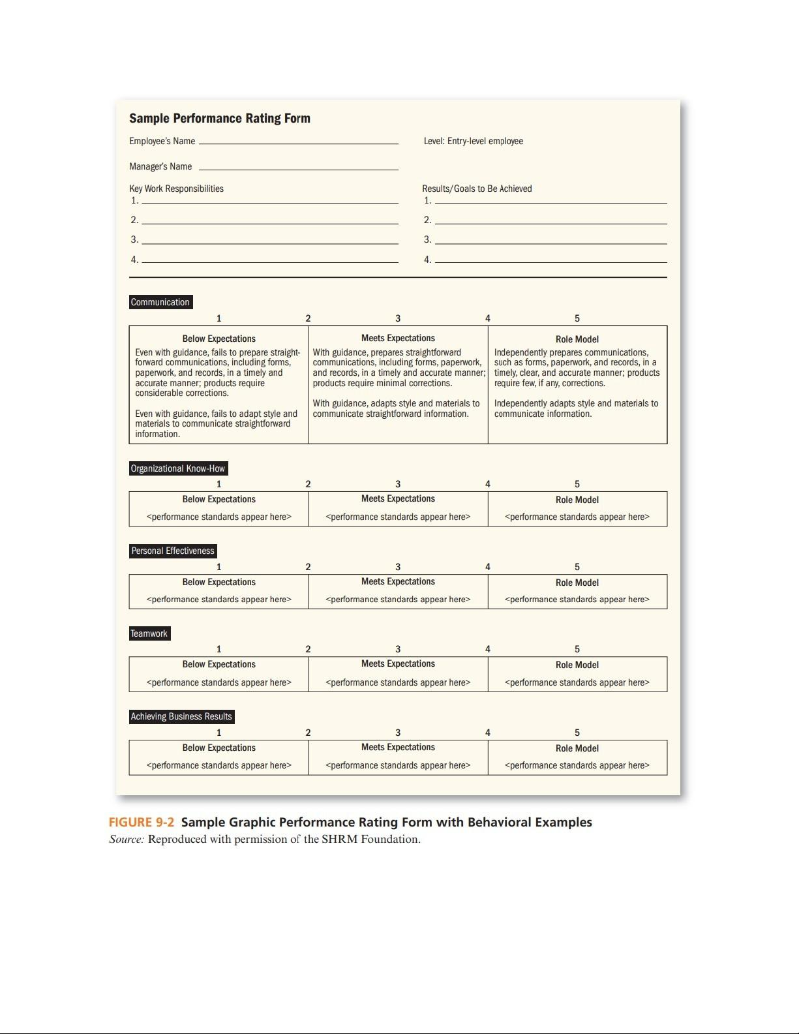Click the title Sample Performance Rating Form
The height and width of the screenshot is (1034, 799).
tap(219, 118)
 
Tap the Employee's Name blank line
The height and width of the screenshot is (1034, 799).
tap(298, 142)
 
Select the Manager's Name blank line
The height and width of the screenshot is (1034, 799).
tap(298, 168)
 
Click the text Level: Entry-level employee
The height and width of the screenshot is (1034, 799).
tap(473, 141)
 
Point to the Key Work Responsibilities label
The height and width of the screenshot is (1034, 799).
tap(176, 189)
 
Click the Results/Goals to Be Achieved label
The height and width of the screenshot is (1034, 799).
tap(477, 189)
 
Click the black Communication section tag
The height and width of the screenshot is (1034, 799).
tap(160, 302)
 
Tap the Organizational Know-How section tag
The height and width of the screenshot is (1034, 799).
tap(178, 468)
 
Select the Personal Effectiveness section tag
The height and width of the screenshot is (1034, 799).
tap(173, 551)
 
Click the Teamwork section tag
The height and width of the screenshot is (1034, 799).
tap(149, 633)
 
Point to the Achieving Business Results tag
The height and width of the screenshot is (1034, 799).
tap(181, 716)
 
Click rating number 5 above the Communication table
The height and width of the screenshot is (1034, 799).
tap(577, 318)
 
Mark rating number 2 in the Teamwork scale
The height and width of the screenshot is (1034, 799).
tap(308, 649)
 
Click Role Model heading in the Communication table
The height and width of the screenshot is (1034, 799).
tap(577, 339)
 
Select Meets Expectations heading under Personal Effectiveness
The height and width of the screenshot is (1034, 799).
tap(398, 581)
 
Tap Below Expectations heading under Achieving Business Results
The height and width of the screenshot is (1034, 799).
tap(219, 748)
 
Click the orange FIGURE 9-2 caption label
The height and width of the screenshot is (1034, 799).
tap(141, 822)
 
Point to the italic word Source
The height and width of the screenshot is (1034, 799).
tap(126, 840)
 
